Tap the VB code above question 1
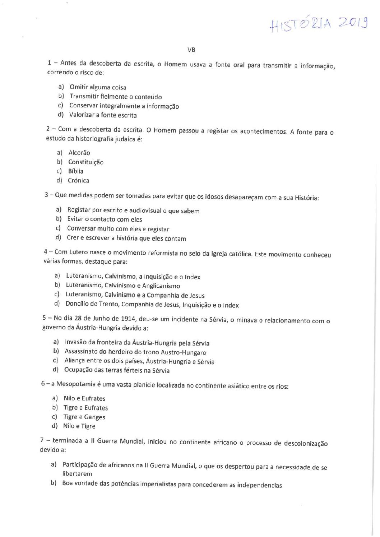pos(191,50)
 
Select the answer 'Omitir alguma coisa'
pos(98,87)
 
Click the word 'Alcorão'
pos(79,153)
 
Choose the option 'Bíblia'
pos(76,171)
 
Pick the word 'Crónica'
pos(78,181)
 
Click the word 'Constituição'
pos(86,162)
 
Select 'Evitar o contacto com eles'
pos(105,219)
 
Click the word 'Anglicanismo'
pos(161,286)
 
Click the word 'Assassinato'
pos(81,352)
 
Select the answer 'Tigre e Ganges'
pos(84,417)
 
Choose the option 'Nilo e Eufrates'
pos(84,398)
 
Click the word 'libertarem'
pos(77,474)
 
